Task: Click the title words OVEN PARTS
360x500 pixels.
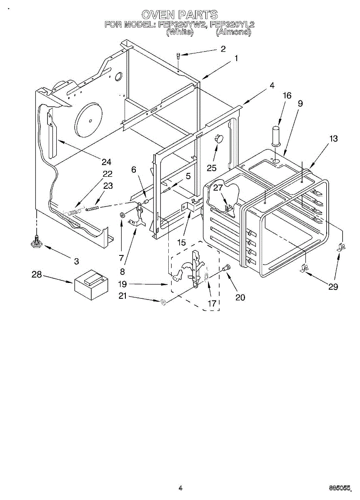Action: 180,15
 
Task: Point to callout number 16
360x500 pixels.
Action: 287,95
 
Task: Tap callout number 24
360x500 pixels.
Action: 107,162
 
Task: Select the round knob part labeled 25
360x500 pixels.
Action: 218,139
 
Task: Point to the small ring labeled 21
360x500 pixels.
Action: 164,302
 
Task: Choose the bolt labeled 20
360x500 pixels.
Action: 227,269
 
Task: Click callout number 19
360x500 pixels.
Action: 122,284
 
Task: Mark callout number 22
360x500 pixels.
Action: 107,174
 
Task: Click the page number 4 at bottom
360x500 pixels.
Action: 180,487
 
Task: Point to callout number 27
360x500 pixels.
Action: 218,187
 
